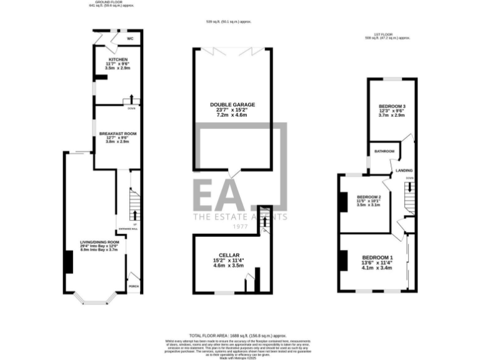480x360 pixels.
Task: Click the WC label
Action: click(130, 39)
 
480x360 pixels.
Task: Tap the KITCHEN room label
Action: click(117, 59)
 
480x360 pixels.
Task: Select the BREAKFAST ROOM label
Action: click(117, 134)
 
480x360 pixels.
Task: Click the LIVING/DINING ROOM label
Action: click(99, 242)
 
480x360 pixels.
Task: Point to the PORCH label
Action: click(133, 286)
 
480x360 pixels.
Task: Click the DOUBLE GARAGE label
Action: click(231, 104)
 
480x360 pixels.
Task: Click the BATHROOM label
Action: click(384, 151)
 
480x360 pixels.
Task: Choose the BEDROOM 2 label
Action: click(369, 197)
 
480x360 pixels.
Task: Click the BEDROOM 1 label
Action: click(377, 258)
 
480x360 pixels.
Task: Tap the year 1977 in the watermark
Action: click(240, 228)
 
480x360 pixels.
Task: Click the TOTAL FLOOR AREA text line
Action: click(239, 335)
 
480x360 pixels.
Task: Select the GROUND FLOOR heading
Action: click(107, 2)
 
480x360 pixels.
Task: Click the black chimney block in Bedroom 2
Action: click(343, 202)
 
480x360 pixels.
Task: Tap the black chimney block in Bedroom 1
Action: click(343, 260)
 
